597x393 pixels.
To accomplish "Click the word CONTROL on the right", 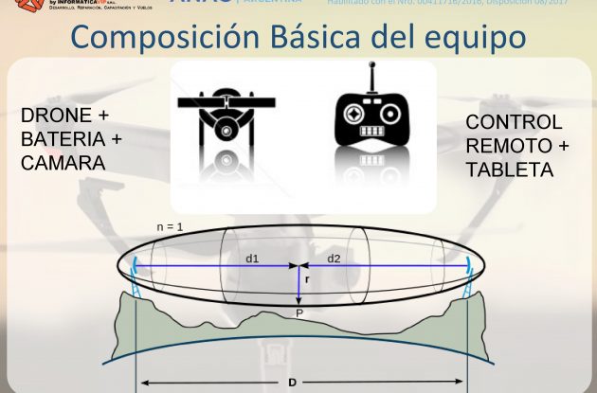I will [x=514, y=123].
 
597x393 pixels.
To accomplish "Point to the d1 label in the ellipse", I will [x=251, y=257].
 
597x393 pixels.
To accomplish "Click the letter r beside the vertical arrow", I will [x=307, y=280].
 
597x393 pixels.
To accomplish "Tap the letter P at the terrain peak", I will [x=298, y=312].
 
